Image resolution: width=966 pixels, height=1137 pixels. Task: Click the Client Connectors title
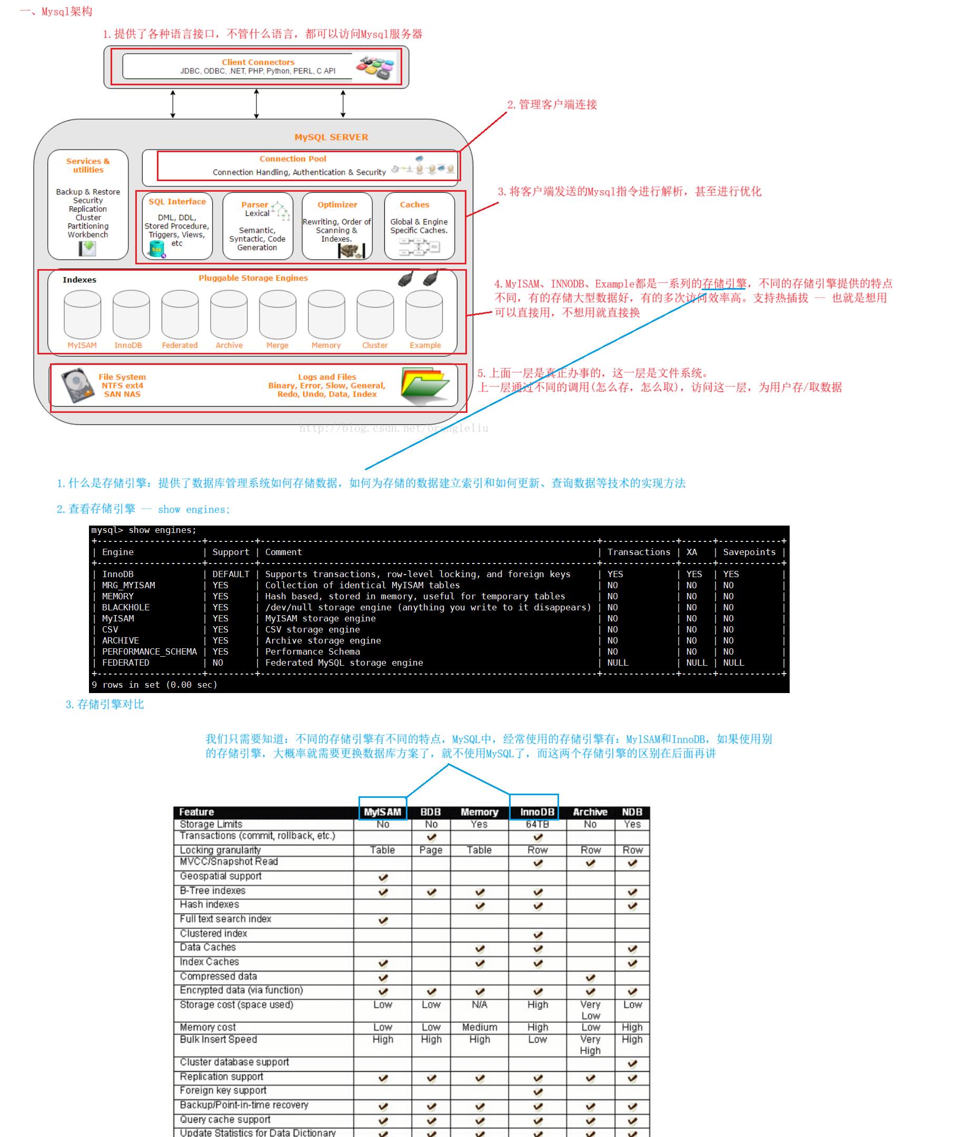point(258,62)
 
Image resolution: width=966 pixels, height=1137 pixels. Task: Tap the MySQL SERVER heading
point(331,137)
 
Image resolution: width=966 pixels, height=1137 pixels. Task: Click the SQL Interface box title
point(177,202)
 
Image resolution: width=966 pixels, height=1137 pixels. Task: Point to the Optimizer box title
point(337,204)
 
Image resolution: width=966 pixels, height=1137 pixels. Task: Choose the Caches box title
point(414,204)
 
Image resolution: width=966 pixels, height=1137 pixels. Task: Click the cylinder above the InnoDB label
point(131,314)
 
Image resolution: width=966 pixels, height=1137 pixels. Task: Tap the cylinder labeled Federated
point(180,314)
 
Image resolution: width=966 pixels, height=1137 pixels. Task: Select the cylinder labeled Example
point(424,314)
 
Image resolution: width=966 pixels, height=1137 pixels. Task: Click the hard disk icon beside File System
point(77,385)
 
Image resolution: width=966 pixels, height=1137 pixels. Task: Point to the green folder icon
point(424,385)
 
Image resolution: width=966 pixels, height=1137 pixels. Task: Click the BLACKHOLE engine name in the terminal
point(125,607)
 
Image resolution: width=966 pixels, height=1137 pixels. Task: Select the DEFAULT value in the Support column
point(231,574)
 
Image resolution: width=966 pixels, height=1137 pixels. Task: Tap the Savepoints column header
point(749,552)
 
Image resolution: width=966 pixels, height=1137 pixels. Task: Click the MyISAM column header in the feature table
point(382,812)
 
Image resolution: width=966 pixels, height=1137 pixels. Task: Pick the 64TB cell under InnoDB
point(536,824)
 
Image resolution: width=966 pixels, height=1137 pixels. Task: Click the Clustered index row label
point(213,933)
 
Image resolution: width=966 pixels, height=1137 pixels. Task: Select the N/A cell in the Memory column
point(479,1004)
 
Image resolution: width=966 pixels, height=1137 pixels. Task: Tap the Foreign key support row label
point(223,1091)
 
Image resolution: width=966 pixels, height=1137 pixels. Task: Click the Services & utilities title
point(87,165)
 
